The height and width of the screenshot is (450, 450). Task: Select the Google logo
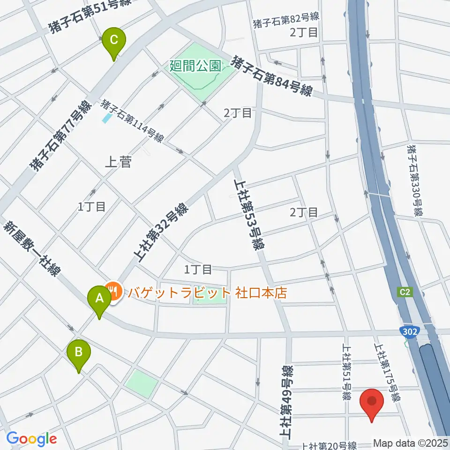[x=31, y=439]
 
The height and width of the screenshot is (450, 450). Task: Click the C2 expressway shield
[x=406, y=292]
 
